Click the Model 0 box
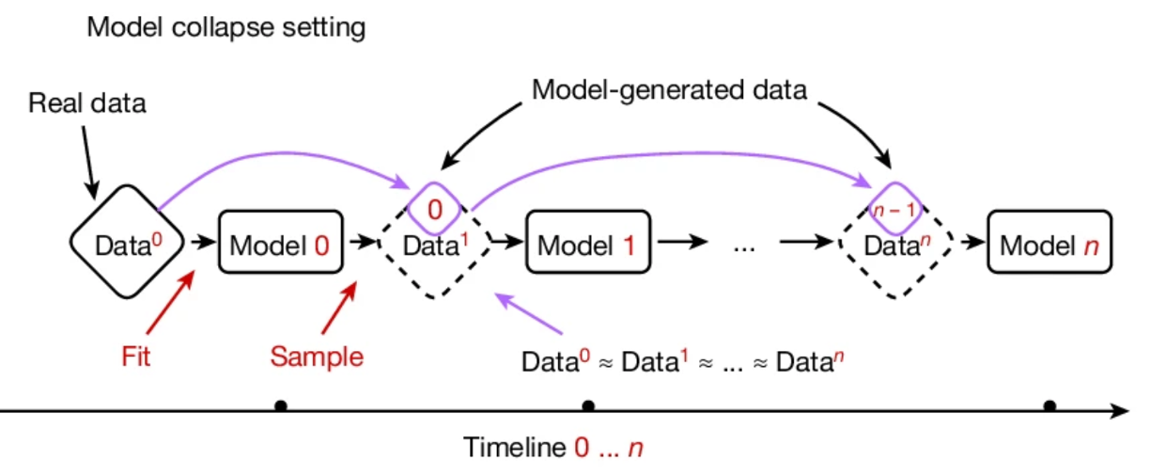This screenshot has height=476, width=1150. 280,246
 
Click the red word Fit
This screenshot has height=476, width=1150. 136,357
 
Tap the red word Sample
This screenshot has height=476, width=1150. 317,357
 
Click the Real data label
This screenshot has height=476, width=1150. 86,103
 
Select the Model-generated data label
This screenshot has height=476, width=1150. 669,90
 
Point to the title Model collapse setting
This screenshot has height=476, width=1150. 225,27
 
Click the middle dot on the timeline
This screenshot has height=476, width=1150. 588,406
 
